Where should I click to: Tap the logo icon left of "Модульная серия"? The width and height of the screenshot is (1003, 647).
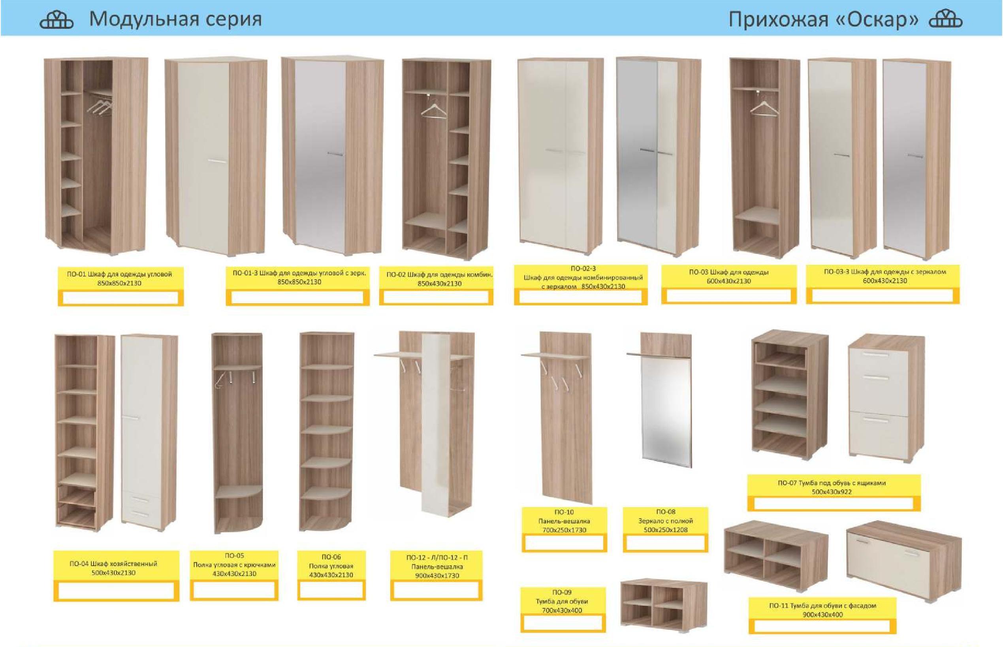tap(56, 20)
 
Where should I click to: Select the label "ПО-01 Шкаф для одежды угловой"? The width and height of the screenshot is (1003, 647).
tap(119, 274)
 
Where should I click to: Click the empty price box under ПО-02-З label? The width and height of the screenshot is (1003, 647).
tap(580, 297)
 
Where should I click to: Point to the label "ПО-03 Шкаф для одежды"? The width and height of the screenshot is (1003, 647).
tap(728, 272)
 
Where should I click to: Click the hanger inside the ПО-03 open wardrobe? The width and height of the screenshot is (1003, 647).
tap(764, 107)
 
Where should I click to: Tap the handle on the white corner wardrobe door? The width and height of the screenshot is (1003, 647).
tap(217, 161)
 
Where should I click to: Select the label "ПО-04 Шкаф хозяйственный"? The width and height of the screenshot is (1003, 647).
tap(113, 563)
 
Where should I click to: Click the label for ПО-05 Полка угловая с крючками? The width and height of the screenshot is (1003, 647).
tap(234, 565)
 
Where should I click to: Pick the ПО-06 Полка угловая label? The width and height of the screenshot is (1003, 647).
tap(331, 566)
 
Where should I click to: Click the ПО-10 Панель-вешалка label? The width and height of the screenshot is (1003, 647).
tap(564, 521)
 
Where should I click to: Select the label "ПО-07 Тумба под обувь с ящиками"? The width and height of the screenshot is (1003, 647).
tap(832, 483)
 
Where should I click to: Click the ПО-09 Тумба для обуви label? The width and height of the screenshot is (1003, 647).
tap(562, 601)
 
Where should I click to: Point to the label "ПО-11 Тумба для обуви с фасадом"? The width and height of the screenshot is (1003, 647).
tap(823, 606)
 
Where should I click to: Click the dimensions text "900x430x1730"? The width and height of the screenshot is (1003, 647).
tap(437, 576)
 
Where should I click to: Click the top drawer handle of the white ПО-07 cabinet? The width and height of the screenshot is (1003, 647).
tap(876, 355)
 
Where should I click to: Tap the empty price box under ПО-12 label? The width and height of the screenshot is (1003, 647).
tap(436, 590)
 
